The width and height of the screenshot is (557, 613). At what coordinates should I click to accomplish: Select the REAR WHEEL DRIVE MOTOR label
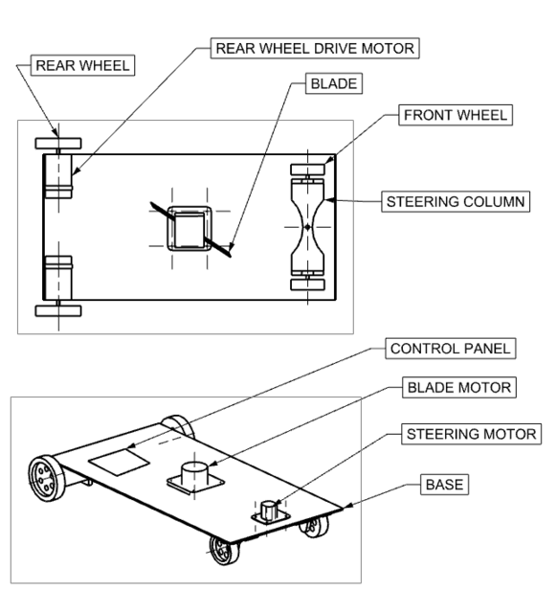pos(316,47)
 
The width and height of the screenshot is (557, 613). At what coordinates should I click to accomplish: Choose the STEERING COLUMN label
pos(455,203)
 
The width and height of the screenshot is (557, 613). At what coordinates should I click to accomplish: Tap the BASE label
pos(443,486)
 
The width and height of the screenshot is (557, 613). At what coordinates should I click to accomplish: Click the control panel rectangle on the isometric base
pos(120,462)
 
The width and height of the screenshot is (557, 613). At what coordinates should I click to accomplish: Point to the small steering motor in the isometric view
pos(269,509)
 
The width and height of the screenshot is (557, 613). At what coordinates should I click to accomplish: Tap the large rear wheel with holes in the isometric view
pos(42,475)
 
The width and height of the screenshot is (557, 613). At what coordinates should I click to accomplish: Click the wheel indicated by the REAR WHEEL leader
pos(58,144)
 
